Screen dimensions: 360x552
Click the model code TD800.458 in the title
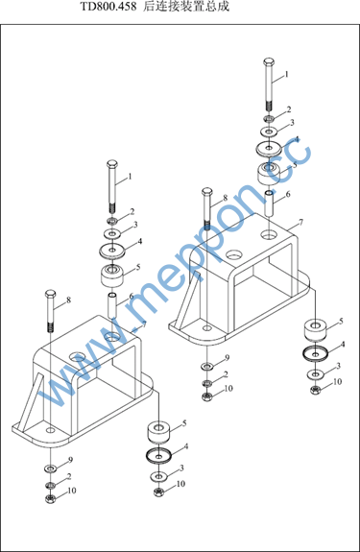pos(108,7)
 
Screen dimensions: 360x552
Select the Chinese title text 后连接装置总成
pos(186,7)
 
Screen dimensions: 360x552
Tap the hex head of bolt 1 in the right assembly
pos(269,62)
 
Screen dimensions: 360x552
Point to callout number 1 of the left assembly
pos(130,176)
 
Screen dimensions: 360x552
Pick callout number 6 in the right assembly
pos(288,194)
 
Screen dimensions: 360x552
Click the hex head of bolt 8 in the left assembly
pos(51,294)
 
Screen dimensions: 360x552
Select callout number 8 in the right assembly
pos(225,198)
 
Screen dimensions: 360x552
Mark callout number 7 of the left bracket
pos(144,324)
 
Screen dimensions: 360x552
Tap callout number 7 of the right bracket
pos(300,222)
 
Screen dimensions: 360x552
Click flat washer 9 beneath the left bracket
pos(51,468)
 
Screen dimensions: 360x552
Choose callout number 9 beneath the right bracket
pos(227,358)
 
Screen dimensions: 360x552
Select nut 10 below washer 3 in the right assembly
pos(315,390)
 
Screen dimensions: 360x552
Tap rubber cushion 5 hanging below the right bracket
pos(315,330)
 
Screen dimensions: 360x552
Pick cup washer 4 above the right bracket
pos(269,148)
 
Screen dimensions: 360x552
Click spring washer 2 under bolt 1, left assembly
pos(112,221)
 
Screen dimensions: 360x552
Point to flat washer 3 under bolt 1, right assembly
pos(269,132)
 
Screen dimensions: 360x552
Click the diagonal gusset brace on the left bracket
pos(31,402)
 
